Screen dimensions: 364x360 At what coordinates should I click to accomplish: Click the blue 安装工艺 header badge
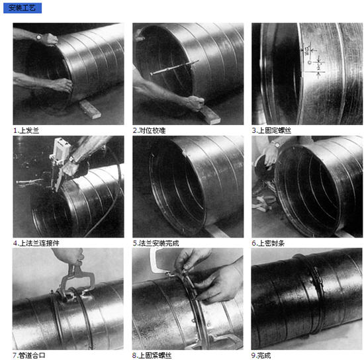click(23, 8)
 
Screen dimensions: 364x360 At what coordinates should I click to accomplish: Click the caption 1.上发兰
click(26, 130)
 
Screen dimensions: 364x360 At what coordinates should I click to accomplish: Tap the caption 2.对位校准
click(150, 130)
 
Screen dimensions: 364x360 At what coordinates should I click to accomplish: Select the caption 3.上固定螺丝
click(271, 130)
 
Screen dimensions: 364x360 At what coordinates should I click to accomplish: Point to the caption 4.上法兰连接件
click(36, 243)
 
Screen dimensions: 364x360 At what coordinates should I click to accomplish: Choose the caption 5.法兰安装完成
click(156, 243)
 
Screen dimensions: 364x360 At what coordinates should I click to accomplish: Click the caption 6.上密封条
click(268, 243)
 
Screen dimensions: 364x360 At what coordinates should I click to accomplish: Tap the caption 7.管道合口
click(29, 355)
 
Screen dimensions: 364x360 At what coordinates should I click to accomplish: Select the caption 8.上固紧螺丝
click(152, 355)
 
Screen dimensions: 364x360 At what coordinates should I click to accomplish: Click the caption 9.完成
click(261, 355)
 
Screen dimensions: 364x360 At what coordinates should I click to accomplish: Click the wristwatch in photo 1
click(39, 36)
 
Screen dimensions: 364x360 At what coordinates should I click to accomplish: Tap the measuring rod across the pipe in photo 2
click(175, 67)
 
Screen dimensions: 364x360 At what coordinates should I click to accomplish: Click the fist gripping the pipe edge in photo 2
click(196, 103)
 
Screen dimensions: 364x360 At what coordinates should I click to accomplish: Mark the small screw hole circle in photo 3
click(309, 62)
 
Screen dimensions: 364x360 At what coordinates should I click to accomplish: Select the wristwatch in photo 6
click(277, 145)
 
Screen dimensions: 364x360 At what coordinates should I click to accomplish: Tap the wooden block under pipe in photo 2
click(210, 115)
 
